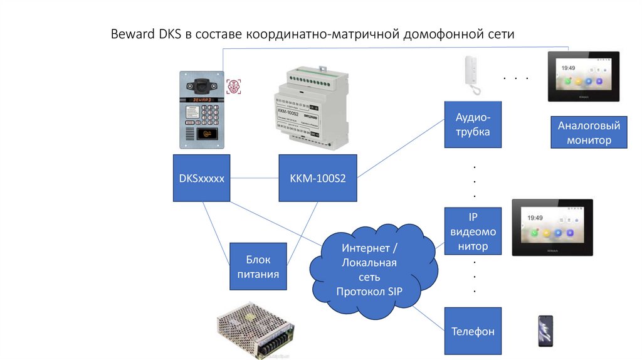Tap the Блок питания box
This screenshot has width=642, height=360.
tap(258, 266)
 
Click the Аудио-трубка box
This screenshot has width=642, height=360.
tap(473, 124)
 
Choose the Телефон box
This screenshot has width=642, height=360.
tap(473, 331)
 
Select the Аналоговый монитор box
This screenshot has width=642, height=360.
tap(589, 133)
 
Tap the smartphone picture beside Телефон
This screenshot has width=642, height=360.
tap(545, 331)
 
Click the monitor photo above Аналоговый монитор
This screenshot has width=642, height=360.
tap(583, 77)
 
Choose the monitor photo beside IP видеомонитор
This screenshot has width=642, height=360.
tap(552, 227)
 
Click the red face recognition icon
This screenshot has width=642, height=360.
tap(233, 86)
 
